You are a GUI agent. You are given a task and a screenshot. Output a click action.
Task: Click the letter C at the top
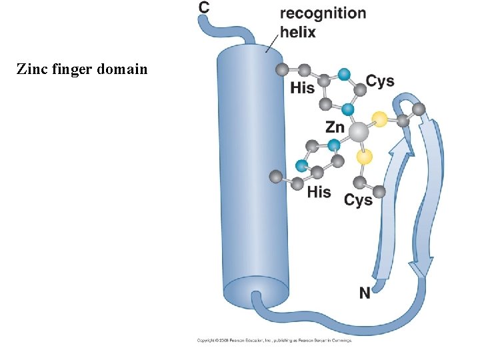[x=204, y=7]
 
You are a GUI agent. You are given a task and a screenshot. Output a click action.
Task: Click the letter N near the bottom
[x=365, y=293]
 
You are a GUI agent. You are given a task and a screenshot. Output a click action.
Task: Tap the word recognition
[x=323, y=13]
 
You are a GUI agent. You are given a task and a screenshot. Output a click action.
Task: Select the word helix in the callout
[x=298, y=31]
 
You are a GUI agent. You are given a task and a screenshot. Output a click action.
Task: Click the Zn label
[x=335, y=127]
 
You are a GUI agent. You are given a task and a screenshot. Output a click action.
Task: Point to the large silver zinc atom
[x=359, y=132]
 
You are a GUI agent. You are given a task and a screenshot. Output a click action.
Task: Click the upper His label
[x=302, y=87]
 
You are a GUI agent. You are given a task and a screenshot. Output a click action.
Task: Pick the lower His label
[x=319, y=192]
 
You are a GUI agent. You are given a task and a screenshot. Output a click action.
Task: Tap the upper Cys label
[x=380, y=81]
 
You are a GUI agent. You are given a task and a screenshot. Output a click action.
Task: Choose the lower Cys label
[x=358, y=199]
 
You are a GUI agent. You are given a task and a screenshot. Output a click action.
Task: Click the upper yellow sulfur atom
[x=379, y=120]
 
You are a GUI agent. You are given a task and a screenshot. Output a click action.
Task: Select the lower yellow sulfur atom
[x=364, y=157]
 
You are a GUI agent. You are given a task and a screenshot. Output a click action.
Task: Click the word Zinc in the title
[x=31, y=68]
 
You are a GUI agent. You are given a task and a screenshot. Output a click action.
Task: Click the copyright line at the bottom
[x=273, y=341]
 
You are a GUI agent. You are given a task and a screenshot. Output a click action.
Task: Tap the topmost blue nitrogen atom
[x=343, y=75]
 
